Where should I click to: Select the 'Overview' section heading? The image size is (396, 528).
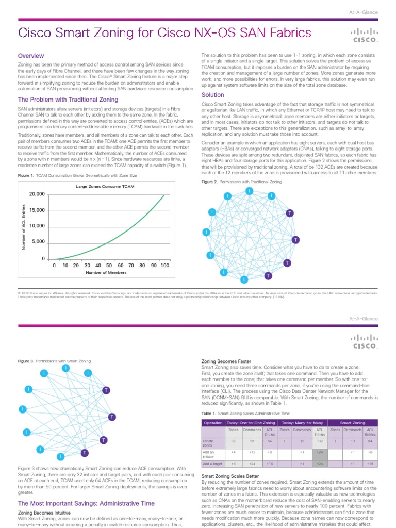31,56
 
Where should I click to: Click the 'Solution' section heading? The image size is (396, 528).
212,95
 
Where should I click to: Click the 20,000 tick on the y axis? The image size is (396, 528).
37,194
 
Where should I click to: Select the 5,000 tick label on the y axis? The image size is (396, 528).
38,242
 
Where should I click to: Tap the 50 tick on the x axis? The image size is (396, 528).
109,265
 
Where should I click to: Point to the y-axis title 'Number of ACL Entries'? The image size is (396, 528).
23,227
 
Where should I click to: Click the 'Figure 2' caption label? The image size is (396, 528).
209,182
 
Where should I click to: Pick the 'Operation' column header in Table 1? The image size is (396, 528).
213,422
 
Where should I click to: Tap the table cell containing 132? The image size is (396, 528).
320,442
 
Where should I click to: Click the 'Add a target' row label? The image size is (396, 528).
214,464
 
